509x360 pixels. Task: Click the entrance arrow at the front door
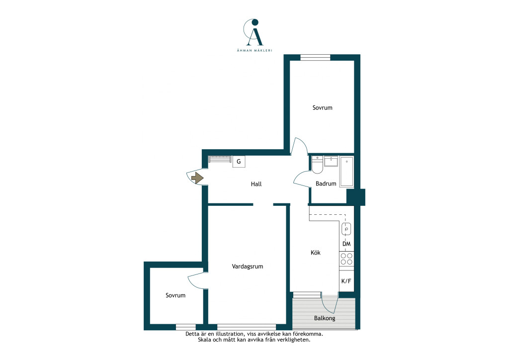(x=197, y=178)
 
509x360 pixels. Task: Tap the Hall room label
(x=256, y=184)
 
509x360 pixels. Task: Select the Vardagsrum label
(x=248, y=267)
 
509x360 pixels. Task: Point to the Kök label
(x=316, y=252)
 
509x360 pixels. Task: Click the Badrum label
(x=326, y=184)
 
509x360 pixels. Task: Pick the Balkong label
(x=325, y=318)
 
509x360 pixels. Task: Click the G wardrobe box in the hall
(x=239, y=161)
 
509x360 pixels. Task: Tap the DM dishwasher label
(x=346, y=244)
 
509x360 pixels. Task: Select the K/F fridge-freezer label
(x=346, y=281)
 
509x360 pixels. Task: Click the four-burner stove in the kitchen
(x=346, y=259)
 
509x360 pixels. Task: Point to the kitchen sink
(x=346, y=229)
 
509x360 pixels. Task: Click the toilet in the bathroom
(x=317, y=165)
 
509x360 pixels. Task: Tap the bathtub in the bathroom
(x=346, y=172)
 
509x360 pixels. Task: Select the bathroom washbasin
(x=331, y=161)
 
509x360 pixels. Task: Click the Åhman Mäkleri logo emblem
(x=254, y=32)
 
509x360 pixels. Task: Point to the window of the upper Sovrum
(x=315, y=58)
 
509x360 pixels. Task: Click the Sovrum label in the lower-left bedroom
(x=175, y=295)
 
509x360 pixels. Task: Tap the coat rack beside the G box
(x=220, y=159)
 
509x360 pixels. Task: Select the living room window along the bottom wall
(x=247, y=327)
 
